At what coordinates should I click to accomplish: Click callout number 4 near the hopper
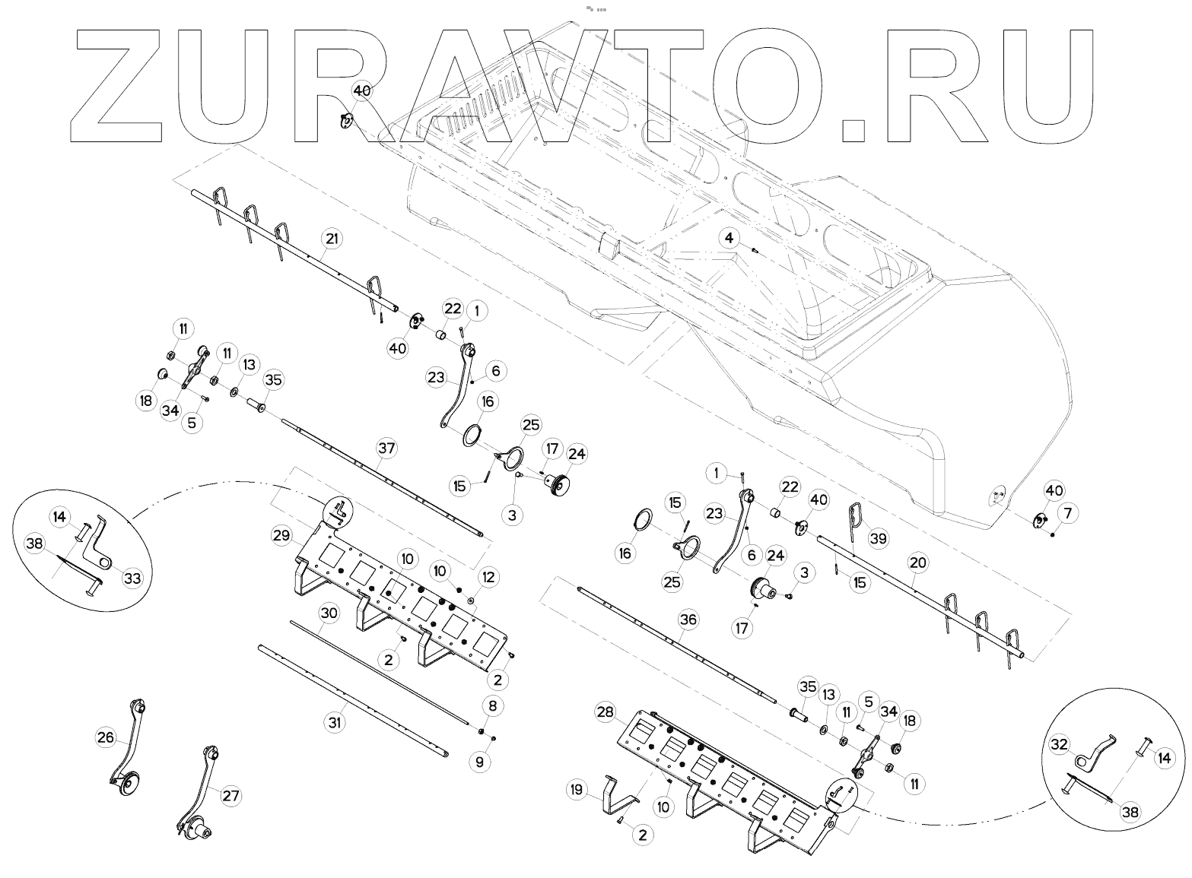[x=730, y=238]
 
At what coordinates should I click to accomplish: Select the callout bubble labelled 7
[x=1067, y=515]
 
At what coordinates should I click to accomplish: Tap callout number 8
[x=493, y=706]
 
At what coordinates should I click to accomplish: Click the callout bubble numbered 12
[x=488, y=578]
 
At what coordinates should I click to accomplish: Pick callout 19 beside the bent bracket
[x=577, y=791]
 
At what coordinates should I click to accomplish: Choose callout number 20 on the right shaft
[x=918, y=563]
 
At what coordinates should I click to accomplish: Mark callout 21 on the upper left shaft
[x=332, y=238]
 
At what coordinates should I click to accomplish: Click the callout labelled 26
[x=106, y=737]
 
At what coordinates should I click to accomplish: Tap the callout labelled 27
[x=230, y=796]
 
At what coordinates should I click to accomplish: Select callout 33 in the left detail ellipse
[x=132, y=578]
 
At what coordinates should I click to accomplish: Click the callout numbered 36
[x=688, y=620]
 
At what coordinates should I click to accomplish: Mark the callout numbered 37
[x=386, y=449]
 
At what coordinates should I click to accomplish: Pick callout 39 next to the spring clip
[x=879, y=539]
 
